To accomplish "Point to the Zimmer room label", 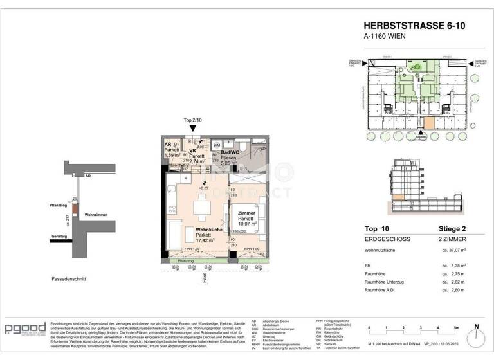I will pos(246,212).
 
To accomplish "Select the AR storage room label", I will pos(169,145).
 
